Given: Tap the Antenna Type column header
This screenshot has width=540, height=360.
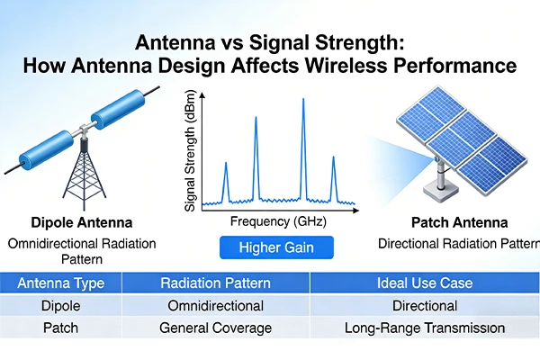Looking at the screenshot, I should click(61, 283).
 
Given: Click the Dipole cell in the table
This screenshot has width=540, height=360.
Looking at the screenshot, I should click(61, 306).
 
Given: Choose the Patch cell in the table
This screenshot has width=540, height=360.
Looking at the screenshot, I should click(61, 328).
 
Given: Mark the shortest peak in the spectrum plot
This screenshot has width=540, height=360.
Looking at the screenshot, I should click(334, 160).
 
